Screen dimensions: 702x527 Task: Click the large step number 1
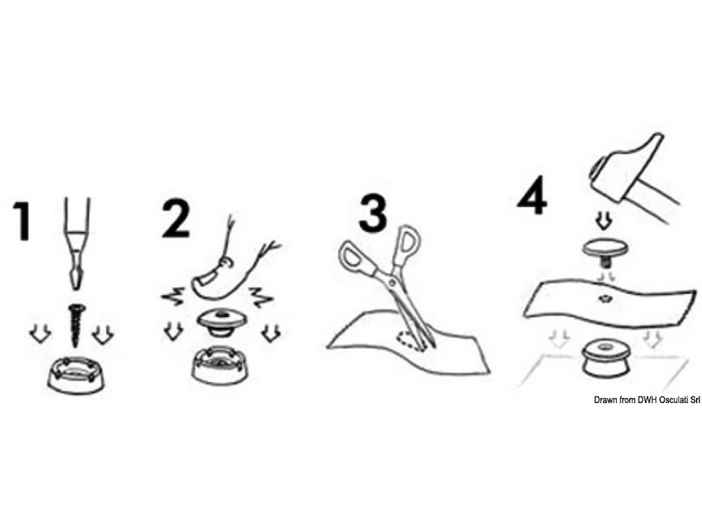pyautogui.click(x=22, y=221)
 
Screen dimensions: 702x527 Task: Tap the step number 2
pyautogui.click(x=175, y=219)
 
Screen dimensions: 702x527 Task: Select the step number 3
pyautogui.click(x=373, y=213)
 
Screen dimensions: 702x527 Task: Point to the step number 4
pyautogui.click(x=532, y=195)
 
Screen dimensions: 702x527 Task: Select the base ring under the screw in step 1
pyautogui.click(x=75, y=374)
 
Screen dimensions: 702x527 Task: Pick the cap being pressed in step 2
pyautogui.click(x=220, y=323)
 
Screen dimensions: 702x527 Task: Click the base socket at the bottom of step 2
pyautogui.click(x=220, y=365)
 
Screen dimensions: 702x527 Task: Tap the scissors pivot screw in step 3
pyautogui.click(x=391, y=282)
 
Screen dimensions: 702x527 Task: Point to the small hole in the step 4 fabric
pyautogui.click(x=604, y=299)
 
